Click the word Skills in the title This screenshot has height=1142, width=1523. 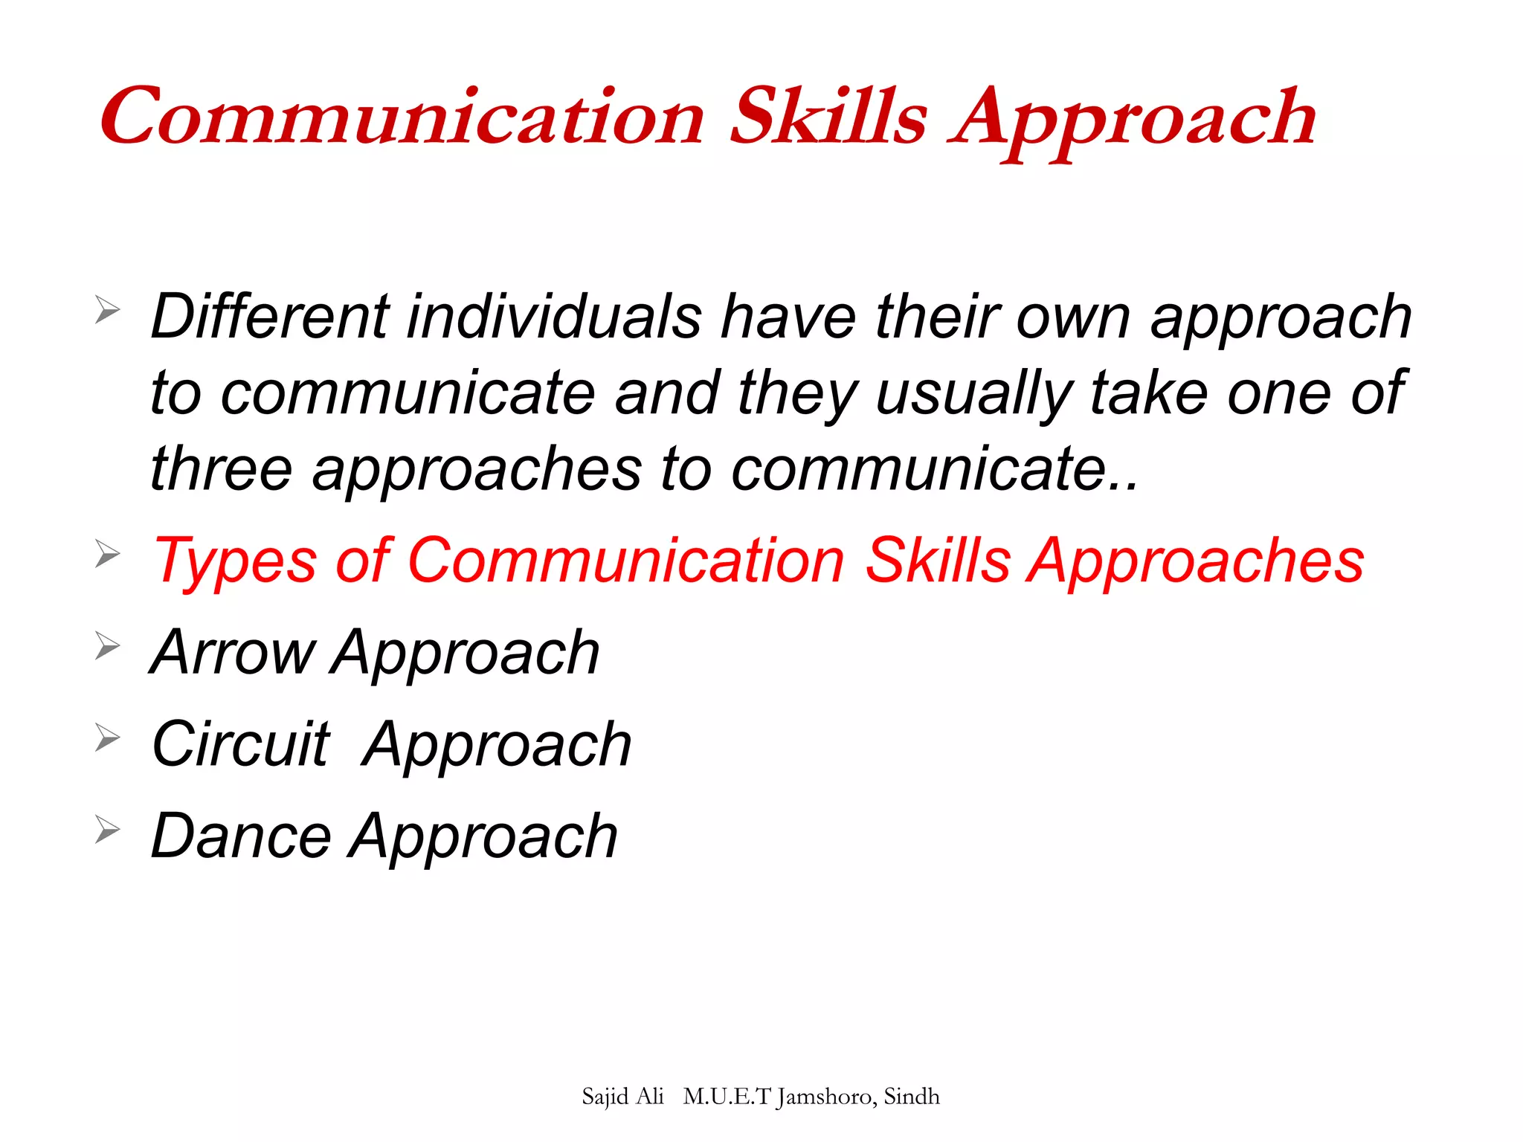click(828, 117)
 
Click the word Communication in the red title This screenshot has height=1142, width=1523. click(402, 117)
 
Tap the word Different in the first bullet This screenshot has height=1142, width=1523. click(269, 317)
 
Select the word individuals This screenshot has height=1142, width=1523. click(554, 317)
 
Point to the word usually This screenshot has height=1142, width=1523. click(973, 394)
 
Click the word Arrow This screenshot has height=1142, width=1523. click(232, 652)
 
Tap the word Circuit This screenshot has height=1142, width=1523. click(240, 744)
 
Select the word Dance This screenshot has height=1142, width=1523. click(240, 836)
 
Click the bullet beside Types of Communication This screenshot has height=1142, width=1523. click(108, 554)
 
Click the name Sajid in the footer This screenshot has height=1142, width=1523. click(606, 1097)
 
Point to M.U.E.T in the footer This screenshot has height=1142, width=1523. click(727, 1097)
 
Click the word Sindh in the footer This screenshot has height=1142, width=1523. click(912, 1097)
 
